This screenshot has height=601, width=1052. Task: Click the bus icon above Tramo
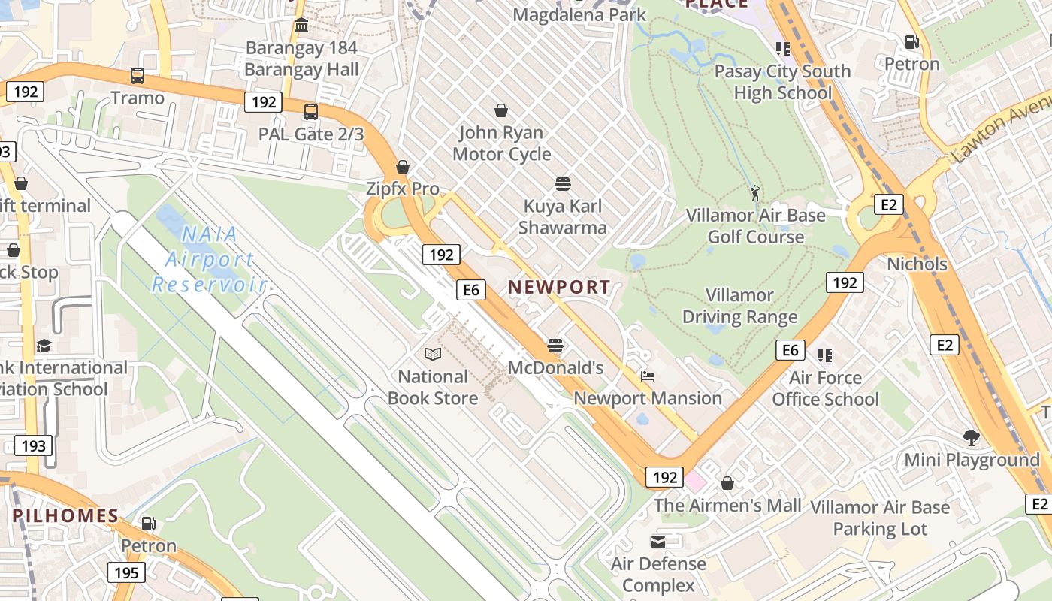(x=137, y=76)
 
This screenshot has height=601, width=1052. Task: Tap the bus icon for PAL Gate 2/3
(x=310, y=112)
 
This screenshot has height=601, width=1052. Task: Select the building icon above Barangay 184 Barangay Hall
(x=301, y=26)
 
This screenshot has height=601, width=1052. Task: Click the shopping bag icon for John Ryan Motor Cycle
(x=501, y=110)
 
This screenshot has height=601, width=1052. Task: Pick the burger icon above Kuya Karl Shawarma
(x=562, y=184)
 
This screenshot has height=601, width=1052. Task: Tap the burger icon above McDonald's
(x=555, y=346)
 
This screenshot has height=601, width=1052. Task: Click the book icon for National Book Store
(x=432, y=354)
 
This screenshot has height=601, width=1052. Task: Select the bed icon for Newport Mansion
(x=648, y=376)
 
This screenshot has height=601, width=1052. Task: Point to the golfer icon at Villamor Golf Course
(x=755, y=193)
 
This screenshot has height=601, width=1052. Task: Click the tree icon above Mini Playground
(x=972, y=437)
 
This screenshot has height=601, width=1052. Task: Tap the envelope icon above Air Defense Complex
(x=658, y=542)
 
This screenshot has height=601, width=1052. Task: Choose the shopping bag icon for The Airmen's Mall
(x=727, y=483)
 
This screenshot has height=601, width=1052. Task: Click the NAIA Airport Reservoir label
(x=209, y=260)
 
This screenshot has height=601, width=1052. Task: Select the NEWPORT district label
(x=559, y=287)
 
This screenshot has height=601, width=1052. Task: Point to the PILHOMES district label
(x=65, y=516)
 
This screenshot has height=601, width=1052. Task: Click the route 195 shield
(x=126, y=573)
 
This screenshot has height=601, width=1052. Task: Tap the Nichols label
(x=917, y=264)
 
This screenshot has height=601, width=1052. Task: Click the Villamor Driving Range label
(x=739, y=307)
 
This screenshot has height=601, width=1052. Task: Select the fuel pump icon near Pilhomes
(x=149, y=524)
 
